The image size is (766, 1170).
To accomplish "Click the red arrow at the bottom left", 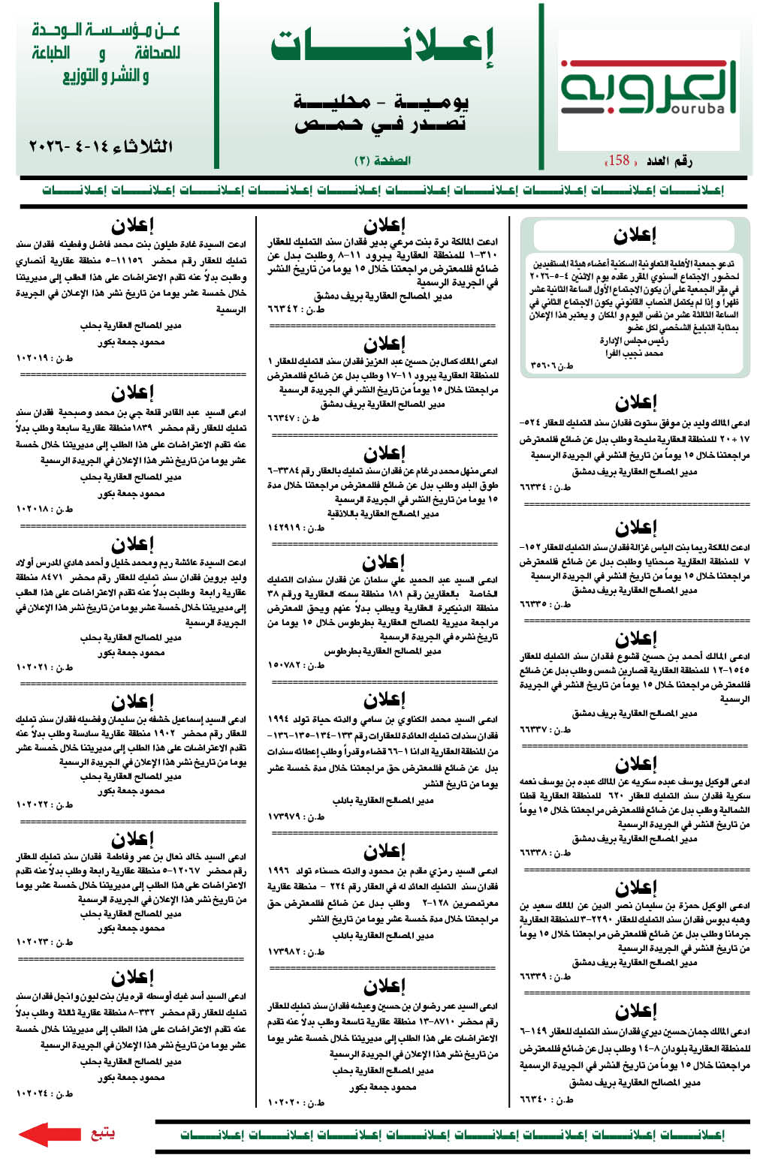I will [x=49, y=1134].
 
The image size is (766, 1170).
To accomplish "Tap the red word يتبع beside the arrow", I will [x=102, y=1133].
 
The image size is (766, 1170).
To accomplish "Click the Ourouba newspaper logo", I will [x=648, y=89].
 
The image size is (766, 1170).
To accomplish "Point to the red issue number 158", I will [x=620, y=160].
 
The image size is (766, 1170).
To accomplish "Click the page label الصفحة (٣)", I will [x=382, y=161].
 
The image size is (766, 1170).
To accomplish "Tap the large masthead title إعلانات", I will [x=382, y=47].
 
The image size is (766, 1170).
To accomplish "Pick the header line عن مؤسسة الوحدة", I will [x=106, y=31].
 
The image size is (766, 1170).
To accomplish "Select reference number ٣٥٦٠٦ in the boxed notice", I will [x=546, y=365].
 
